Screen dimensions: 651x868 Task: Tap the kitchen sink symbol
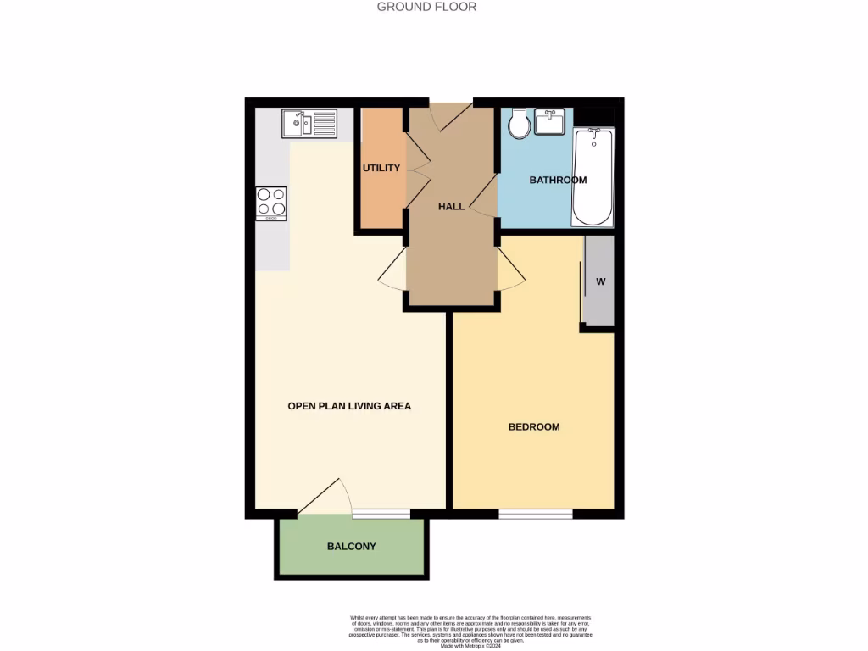[x=309, y=124]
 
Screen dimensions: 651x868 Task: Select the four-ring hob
[x=271, y=203]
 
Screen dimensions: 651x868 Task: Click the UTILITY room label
[x=381, y=168]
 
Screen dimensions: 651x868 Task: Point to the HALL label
[x=451, y=206]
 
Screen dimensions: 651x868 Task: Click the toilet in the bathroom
[x=519, y=125]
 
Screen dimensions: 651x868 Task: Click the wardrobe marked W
[x=599, y=281]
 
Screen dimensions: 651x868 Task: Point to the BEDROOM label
[x=534, y=426]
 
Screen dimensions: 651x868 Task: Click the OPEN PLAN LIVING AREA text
[x=349, y=406]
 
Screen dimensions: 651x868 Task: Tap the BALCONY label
[x=351, y=546]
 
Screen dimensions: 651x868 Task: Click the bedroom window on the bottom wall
[x=535, y=514]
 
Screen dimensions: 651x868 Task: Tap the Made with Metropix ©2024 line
[x=470, y=646]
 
